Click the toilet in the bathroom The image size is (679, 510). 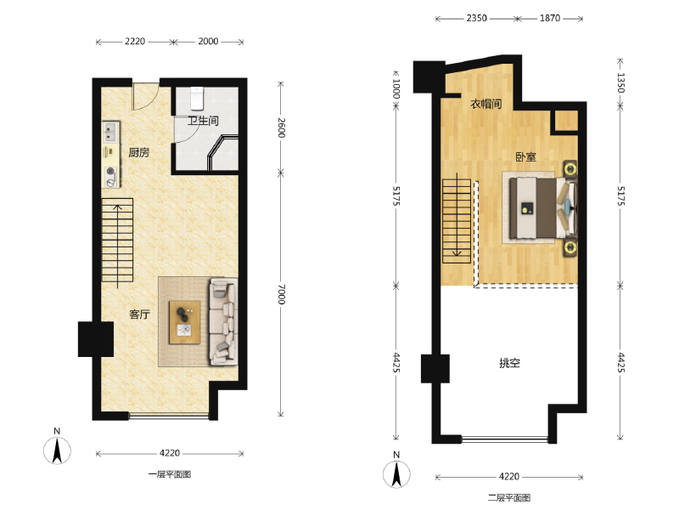point(197,98)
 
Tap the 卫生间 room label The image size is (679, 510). point(203,121)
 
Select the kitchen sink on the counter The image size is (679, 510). point(110,133)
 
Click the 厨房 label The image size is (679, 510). point(138,152)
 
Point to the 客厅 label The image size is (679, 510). point(139,314)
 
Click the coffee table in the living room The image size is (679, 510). point(184,322)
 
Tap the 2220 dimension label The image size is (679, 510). point(135,41)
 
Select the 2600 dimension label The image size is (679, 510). point(282,127)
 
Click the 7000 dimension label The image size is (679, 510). point(282,294)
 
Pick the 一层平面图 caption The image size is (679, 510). point(170,474)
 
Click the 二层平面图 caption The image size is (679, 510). point(509,497)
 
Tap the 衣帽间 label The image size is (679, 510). point(485,104)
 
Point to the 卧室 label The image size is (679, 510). point(525,156)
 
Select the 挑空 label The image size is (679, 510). point(510,363)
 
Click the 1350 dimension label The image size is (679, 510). point(621,82)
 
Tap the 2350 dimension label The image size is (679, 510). point(476,18)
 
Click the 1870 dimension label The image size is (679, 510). point(549,18)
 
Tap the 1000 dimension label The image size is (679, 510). point(396,88)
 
